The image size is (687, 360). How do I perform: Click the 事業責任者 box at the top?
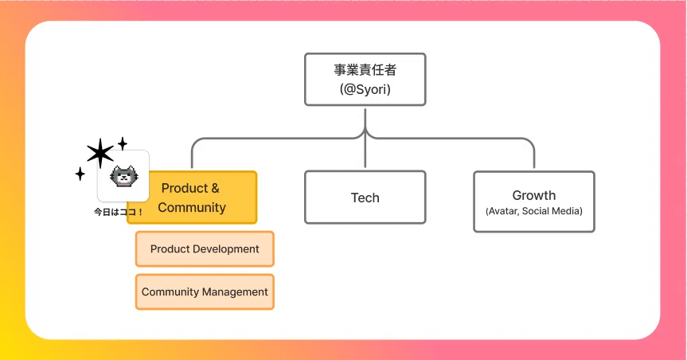[x=365, y=79]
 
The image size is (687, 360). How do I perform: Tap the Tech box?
[x=365, y=198]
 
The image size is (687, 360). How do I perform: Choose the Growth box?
[x=533, y=202]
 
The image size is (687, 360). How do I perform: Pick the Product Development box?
[x=205, y=248]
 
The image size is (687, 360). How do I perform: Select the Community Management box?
[x=205, y=292]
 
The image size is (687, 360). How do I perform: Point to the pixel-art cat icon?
[x=123, y=176]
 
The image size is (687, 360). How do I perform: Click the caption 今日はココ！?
[x=119, y=213]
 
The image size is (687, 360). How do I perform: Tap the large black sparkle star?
[x=100, y=153]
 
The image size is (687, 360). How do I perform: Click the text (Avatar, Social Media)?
[x=533, y=211]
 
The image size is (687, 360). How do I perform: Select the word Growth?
[x=533, y=195]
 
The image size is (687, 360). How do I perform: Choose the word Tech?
[x=365, y=198]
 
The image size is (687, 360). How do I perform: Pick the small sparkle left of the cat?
[x=80, y=174]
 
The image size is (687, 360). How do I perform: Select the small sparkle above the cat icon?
[x=123, y=143]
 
